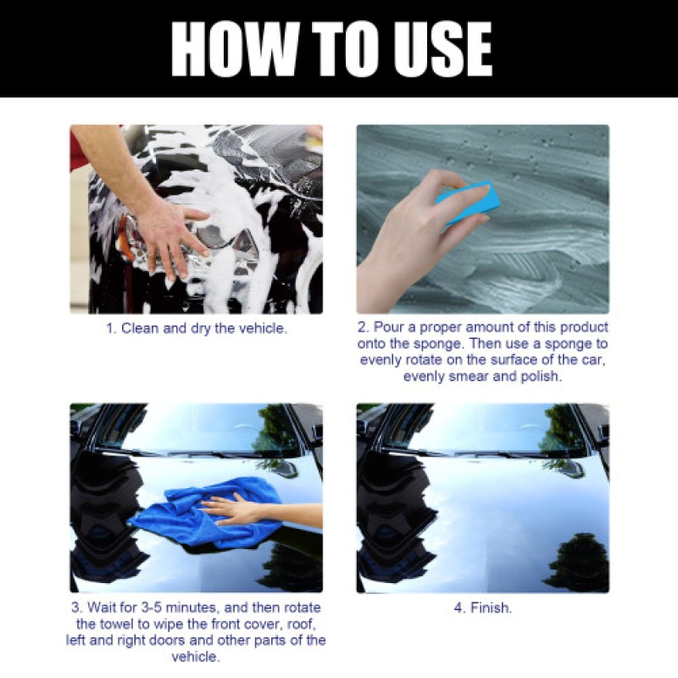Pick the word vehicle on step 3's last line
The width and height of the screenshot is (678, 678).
click(196, 656)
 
